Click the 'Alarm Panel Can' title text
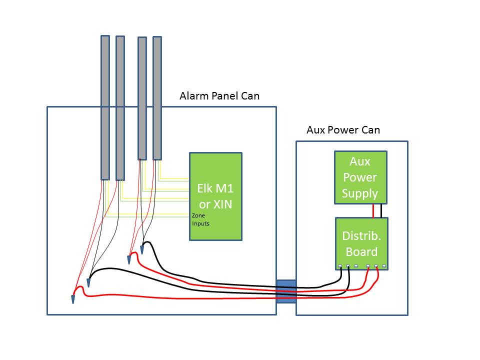click(x=219, y=95)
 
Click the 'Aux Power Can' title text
click(x=343, y=130)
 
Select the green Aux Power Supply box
click(x=360, y=177)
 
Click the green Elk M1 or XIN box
click(x=215, y=196)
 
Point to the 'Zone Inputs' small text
click(x=200, y=219)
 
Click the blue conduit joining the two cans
click(x=286, y=291)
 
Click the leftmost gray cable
click(x=105, y=107)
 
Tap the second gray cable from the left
click(x=120, y=107)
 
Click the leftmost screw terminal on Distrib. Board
click(x=340, y=265)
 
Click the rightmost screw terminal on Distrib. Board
click(x=384, y=265)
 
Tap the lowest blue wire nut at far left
click(x=73, y=299)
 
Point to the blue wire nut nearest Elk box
click(x=142, y=248)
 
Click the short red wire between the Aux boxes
click(x=373, y=210)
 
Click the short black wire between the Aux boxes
click(x=381, y=210)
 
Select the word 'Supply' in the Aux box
click(x=360, y=193)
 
